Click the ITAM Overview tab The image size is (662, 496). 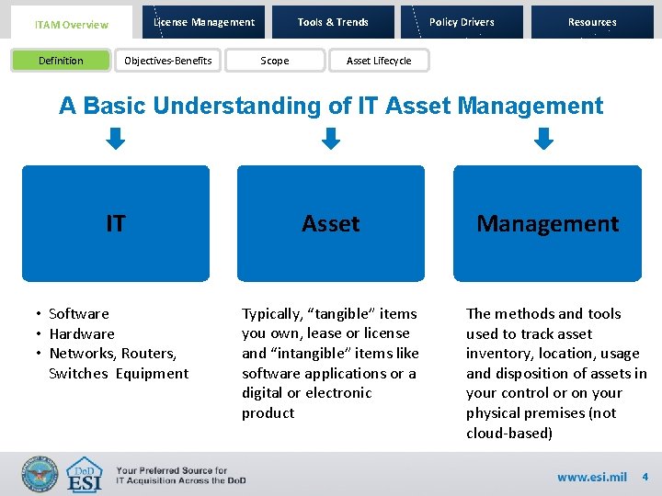click(x=71, y=24)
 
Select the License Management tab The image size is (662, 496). click(x=204, y=22)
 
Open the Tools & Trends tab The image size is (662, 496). click(x=333, y=22)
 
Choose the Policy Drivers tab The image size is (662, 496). click(x=462, y=22)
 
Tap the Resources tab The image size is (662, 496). click(x=592, y=22)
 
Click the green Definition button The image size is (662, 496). click(x=61, y=61)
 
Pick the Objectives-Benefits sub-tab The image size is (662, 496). click(x=168, y=61)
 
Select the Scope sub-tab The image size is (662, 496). click(x=274, y=61)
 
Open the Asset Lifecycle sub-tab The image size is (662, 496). click(x=379, y=61)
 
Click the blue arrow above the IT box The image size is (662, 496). click(x=115, y=139)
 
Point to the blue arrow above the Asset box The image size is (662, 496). click(x=331, y=139)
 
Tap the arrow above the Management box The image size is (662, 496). click(x=545, y=139)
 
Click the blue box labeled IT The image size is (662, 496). click(x=116, y=223)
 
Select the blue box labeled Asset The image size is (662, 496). click(x=331, y=223)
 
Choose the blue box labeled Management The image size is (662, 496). click(x=547, y=223)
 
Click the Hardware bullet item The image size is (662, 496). click(x=82, y=333)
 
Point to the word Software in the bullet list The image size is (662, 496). click(x=79, y=313)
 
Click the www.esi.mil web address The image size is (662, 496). click(x=591, y=477)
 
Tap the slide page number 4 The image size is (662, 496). click(x=645, y=477)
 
